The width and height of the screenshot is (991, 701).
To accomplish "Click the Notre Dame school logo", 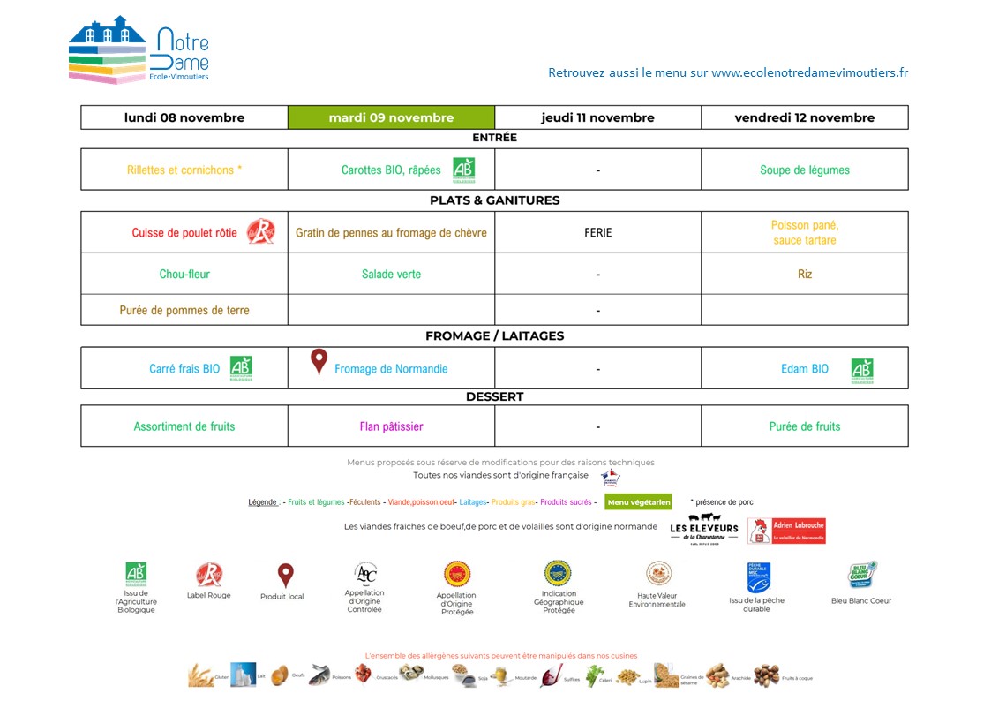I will coord(139,50).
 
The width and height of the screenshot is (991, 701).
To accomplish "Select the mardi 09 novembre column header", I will coord(391,117).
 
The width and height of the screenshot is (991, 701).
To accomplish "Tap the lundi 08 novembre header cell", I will coord(184,117).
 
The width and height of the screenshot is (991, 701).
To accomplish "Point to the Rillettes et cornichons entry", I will coord(184,170).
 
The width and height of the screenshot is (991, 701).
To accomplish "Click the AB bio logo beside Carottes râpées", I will coord(463,170).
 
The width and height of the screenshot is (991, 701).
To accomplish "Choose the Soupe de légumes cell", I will coord(805,170).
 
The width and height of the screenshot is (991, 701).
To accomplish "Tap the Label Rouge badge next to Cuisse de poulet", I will coord(260,231).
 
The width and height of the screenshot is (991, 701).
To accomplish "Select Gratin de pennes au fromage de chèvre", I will coord(391,233).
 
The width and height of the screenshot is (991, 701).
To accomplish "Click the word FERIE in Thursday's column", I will coord(597,233).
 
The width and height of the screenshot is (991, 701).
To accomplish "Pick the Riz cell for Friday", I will coord(805,274).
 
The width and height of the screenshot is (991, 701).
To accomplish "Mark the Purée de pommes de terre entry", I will coord(184,310).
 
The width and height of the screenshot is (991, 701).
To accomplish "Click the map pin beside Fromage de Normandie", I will coord(319,361).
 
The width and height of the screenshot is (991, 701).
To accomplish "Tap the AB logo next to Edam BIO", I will coord(861,369).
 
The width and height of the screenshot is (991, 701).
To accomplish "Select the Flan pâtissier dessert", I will coord(391,426).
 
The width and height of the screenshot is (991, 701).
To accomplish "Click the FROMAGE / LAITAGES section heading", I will coord(494,335).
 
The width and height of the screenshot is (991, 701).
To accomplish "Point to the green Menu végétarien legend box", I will coord(638,502).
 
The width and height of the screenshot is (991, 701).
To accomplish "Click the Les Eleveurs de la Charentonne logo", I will coord(703,528).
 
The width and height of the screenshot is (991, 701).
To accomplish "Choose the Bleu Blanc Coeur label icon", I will coord(862,575).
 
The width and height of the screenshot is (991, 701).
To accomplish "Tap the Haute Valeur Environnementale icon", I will coord(658,574).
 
